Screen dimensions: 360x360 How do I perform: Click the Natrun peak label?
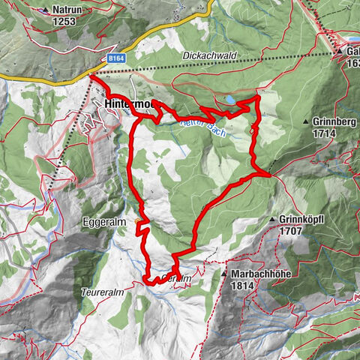pos(68,10)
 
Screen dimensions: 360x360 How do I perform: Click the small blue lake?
pos(231,99)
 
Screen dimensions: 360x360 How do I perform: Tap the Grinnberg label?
pos(336,121)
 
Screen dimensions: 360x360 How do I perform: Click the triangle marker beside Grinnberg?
pos(307,121)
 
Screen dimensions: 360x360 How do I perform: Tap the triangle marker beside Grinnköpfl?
pos(272,220)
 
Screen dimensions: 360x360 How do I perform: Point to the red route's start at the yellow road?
pos(91,76)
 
